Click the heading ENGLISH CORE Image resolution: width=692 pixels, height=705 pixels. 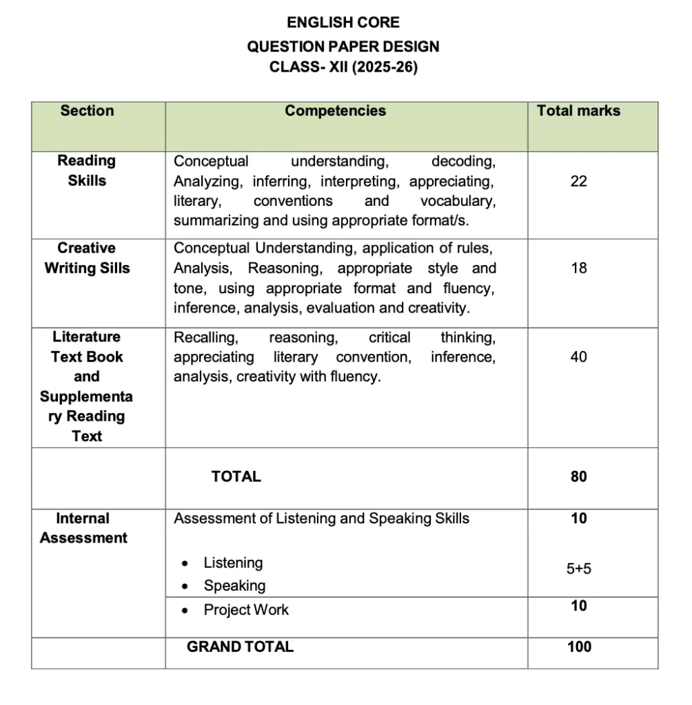[343, 23]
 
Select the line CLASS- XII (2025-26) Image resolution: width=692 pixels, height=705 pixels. [343, 68]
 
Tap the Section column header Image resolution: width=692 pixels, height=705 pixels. [87, 111]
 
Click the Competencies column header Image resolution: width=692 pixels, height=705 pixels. [335, 111]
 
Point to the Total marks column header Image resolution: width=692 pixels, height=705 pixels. [578, 111]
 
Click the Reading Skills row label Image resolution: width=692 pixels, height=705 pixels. [87, 171]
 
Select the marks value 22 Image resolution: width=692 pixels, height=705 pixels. [578, 181]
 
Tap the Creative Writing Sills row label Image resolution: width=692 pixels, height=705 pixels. [87, 258]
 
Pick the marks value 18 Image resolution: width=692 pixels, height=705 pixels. [578, 269]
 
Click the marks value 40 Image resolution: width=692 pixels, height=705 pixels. [578, 357]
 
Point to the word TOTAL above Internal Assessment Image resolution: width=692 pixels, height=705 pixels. [236, 476]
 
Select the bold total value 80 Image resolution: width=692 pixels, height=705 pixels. [578, 476]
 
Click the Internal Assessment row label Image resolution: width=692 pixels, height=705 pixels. [83, 528]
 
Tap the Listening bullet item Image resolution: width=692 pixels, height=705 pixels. [233, 563]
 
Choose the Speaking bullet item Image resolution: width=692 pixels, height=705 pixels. [234, 586]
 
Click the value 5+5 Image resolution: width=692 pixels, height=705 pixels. [578, 569]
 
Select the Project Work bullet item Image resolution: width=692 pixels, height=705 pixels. [246, 610]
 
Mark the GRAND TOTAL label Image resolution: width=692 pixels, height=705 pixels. [240, 646]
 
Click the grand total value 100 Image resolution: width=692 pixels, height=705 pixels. [578, 646]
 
